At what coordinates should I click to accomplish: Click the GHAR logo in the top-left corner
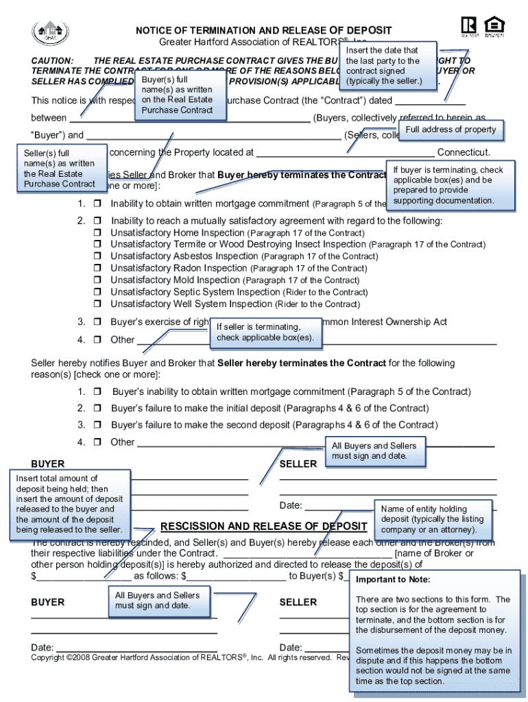click(48, 32)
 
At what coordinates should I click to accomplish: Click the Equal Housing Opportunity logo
click(494, 26)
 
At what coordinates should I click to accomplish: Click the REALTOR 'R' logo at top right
click(468, 26)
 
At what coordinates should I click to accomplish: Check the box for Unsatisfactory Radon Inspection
click(97, 269)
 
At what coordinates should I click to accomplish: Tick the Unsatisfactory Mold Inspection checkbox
click(97, 280)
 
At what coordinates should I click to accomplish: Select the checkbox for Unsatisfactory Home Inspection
click(97, 233)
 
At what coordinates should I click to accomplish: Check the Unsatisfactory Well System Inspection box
click(97, 304)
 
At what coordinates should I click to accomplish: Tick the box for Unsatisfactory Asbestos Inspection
click(97, 256)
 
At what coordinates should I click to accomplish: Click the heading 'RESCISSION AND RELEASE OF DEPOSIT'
click(263, 526)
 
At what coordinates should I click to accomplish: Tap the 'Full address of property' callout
click(451, 130)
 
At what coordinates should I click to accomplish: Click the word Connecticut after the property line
click(464, 153)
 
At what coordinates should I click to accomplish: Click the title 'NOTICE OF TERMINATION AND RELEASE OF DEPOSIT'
click(263, 30)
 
